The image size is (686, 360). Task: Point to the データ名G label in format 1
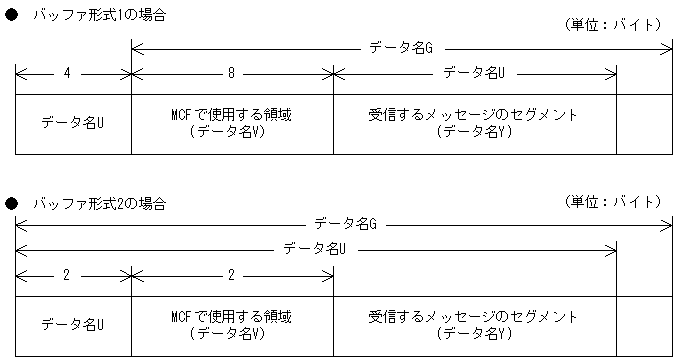pyautogui.click(x=401, y=47)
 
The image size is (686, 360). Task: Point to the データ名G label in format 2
pyautogui.click(x=344, y=224)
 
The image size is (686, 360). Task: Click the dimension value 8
pyautogui.click(x=231, y=72)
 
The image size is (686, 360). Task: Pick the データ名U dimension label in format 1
pyautogui.click(x=474, y=72)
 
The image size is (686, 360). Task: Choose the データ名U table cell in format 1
pyautogui.click(x=73, y=123)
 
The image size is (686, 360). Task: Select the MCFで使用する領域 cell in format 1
pyautogui.click(x=231, y=123)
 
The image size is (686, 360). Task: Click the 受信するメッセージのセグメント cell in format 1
pyautogui.click(x=474, y=123)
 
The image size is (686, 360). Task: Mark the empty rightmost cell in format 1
pyautogui.click(x=644, y=123)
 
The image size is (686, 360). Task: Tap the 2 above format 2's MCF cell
pyautogui.click(x=231, y=274)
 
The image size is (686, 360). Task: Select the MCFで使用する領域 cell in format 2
pyautogui.click(x=231, y=325)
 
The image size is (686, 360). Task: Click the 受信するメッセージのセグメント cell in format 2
pyautogui.click(x=474, y=325)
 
